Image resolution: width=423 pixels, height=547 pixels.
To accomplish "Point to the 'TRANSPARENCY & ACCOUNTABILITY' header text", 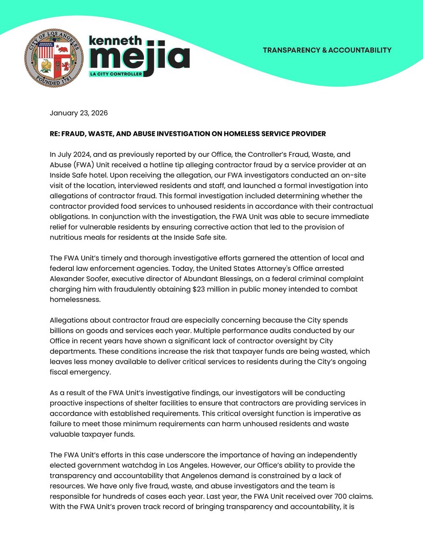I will coord(327,50).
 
